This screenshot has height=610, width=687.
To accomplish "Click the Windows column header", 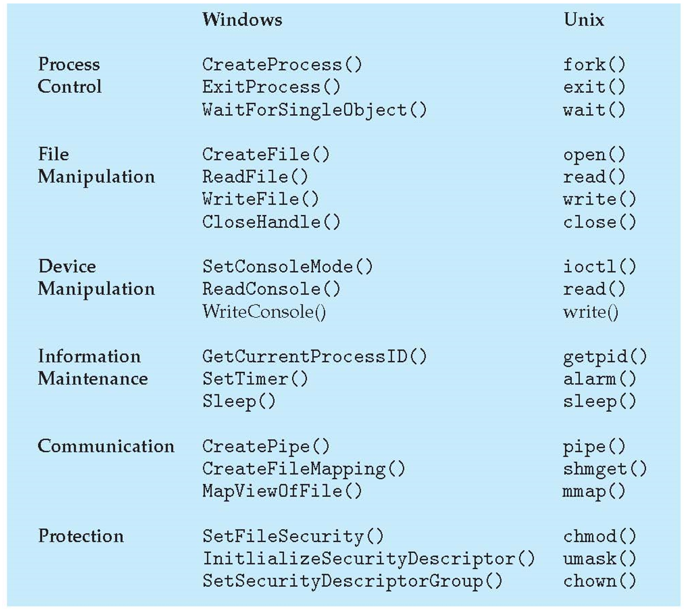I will pos(242,20).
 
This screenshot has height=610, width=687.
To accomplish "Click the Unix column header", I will pos(584,20).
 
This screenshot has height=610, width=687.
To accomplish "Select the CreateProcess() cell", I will pos(282,64).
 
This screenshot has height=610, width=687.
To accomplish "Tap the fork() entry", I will pos(594,64).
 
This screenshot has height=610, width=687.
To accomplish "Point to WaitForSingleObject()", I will pos(314,110).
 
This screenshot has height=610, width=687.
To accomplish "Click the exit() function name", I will pos(594,87).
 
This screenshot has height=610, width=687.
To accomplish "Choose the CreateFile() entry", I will pos(266,155).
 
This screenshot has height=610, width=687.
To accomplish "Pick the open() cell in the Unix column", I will pos(594,155).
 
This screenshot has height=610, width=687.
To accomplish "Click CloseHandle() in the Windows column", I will pos(271,222).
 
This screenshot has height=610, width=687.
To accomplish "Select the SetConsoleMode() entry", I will pos(287,266).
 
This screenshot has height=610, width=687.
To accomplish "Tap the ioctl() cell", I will pos(599,266).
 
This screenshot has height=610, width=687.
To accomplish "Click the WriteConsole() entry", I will pos(264,312).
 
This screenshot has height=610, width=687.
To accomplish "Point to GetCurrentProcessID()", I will pos(314,356).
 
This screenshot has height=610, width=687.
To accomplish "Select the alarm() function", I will pos(599,379).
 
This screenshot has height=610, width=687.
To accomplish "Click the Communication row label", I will pos(106,446).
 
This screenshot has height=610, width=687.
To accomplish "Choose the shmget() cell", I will pos(605,469).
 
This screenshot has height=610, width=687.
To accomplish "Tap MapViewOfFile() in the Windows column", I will pos(282,491).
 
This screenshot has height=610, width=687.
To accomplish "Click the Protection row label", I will pos(81,536).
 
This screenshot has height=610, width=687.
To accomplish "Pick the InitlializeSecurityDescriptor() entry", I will pos(368,559).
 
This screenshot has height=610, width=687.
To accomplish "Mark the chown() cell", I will pos(599,581).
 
